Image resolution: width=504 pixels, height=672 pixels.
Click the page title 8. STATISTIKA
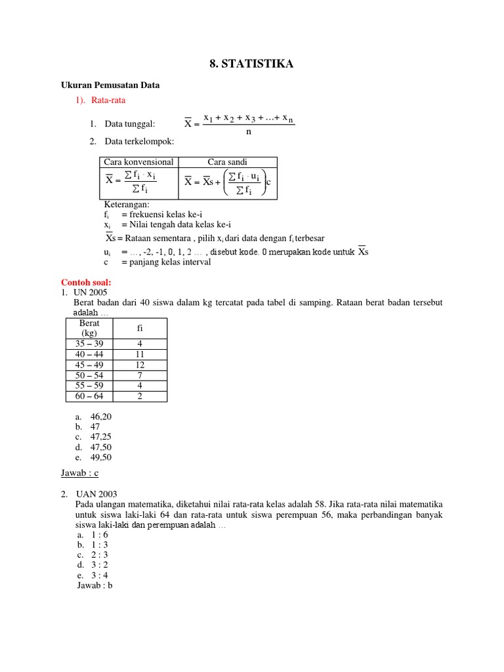click(251, 64)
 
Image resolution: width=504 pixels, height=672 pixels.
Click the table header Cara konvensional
click(139, 162)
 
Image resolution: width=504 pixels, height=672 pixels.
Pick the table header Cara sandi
click(228, 162)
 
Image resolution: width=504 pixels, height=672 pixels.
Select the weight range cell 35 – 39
click(89, 344)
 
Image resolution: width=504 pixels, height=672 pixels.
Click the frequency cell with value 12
click(140, 365)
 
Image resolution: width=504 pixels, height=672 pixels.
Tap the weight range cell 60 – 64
click(89, 396)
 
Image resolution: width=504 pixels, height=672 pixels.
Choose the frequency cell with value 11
click(140, 354)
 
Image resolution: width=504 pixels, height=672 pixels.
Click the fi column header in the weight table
click(140, 328)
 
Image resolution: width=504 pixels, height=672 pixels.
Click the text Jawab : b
click(95, 585)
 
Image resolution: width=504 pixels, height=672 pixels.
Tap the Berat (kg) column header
click(89, 328)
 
